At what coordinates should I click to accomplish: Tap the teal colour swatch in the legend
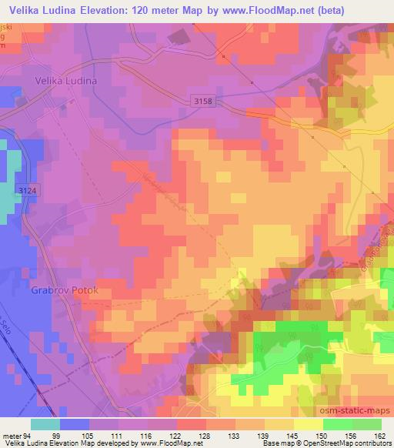tap(46, 423)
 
